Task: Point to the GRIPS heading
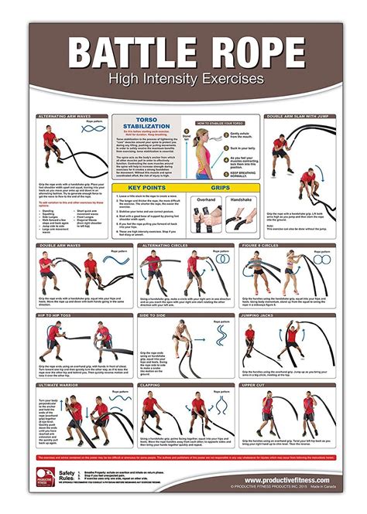click(221, 187)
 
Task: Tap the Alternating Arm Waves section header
click(61, 116)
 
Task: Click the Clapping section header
click(153, 383)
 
